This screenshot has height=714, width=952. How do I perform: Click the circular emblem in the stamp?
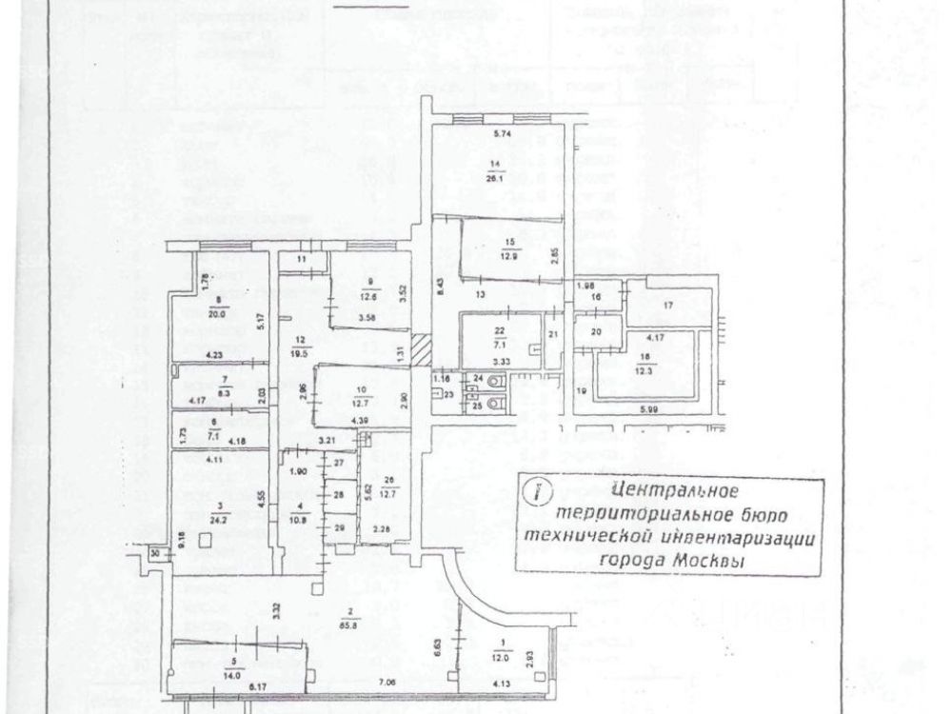click(539, 492)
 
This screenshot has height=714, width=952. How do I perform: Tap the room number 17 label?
click(667, 305)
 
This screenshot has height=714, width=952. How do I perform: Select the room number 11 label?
click(302, 259)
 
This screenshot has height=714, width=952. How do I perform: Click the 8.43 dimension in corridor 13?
click(440, 282)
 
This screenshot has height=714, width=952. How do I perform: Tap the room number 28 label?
click(338, 495)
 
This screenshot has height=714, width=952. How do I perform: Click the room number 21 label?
click(552, 335)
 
